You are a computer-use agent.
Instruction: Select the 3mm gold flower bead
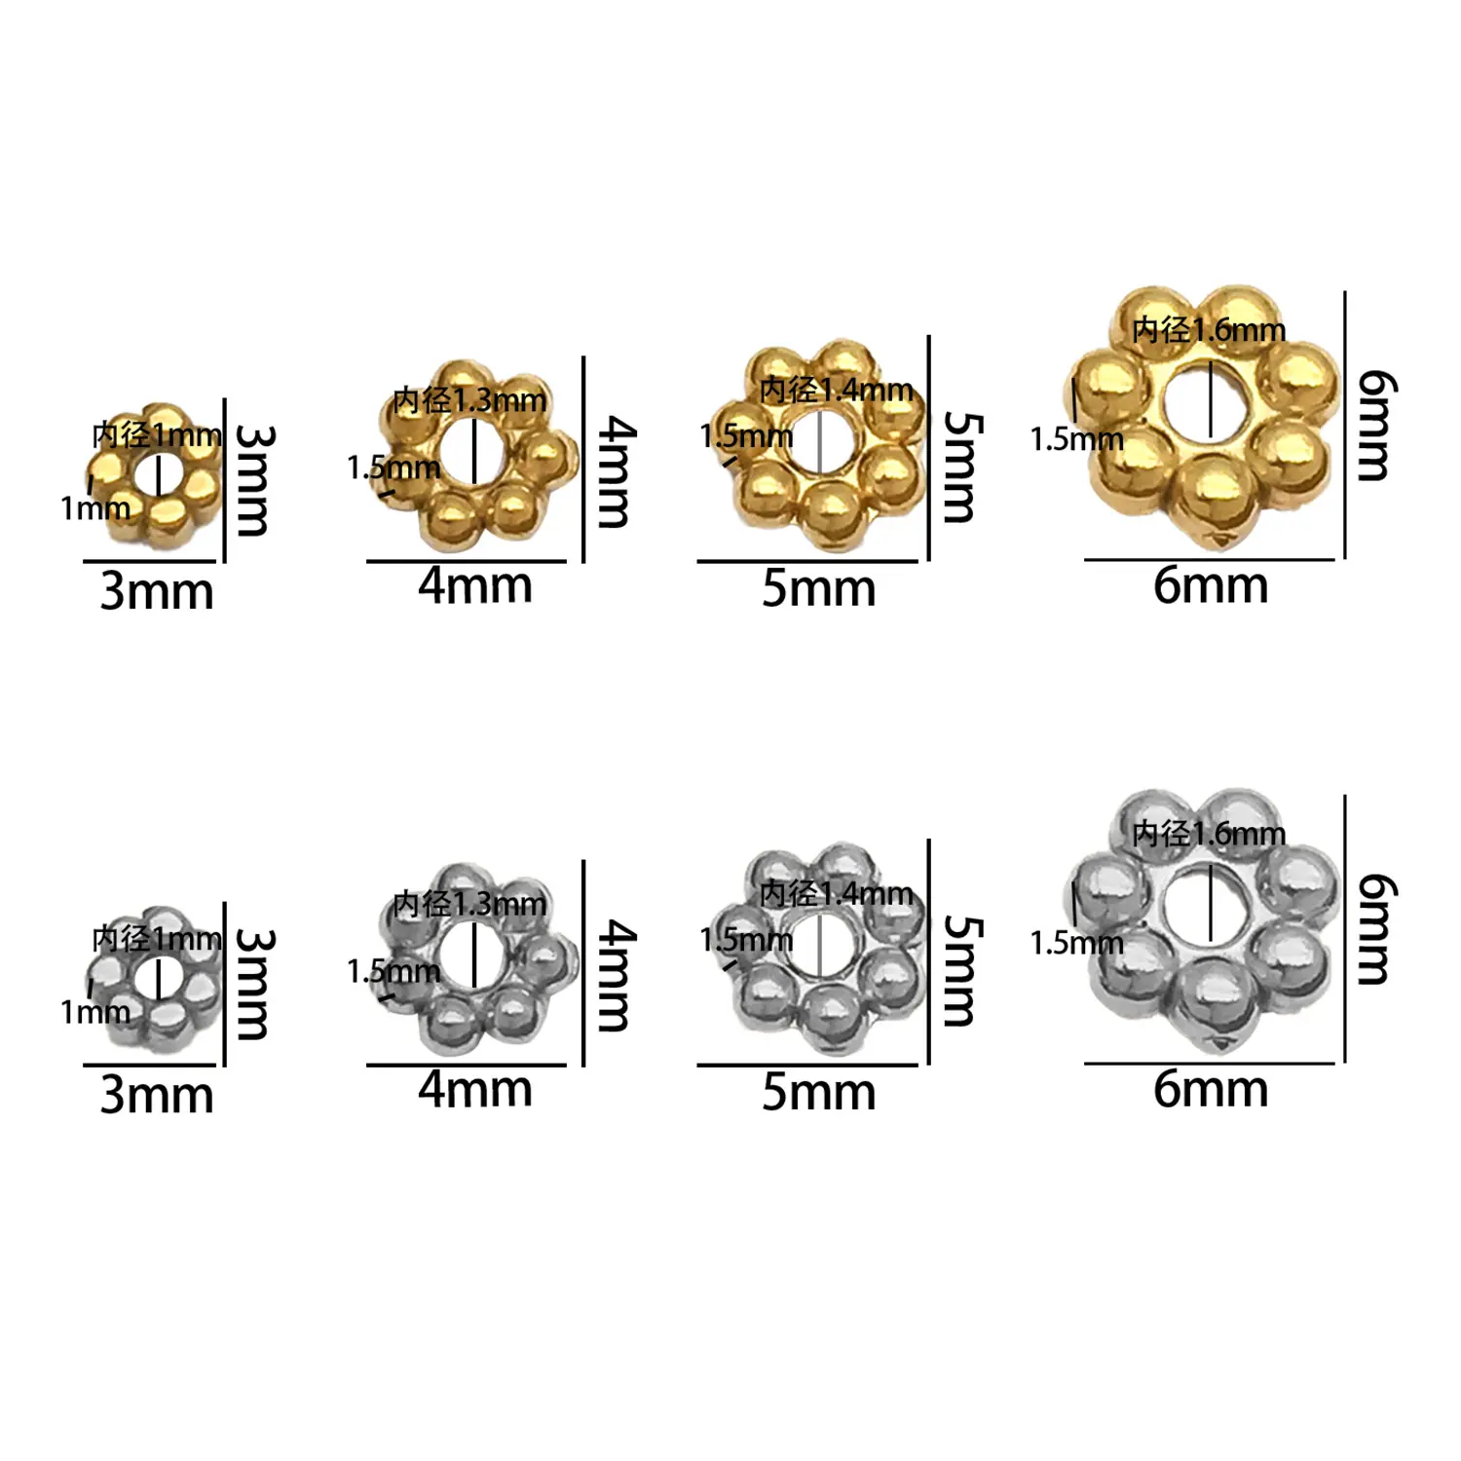tap(156, 475)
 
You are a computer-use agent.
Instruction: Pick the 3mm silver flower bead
tap(156, 979)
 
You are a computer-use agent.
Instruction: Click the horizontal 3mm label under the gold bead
tap(157, 591)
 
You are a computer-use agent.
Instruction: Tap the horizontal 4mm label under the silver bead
tap(475, 1089)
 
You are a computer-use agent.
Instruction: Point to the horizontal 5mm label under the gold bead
tap(818, 588)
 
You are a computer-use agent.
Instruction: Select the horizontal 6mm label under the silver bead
tap(1211, 1089)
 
